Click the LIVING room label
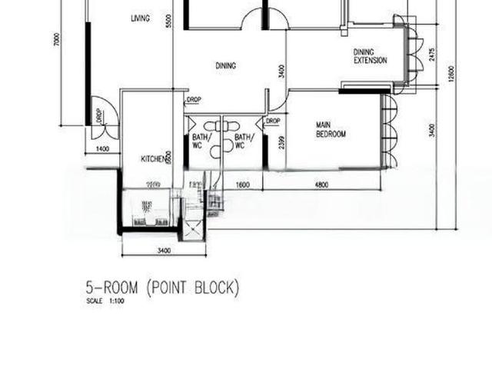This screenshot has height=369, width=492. pos(140,18)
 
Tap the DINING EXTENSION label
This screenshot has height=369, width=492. pos(370,56)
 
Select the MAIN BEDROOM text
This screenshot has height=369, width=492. pos(331,129)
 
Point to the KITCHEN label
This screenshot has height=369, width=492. pos(152,159)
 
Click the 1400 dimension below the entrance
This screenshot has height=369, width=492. pos(102,148)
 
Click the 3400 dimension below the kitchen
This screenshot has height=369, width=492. pos(164,250)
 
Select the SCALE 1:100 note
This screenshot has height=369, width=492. pos(106,301)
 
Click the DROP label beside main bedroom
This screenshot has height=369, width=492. pos(273,121)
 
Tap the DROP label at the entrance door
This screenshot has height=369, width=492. pos(99,115)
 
